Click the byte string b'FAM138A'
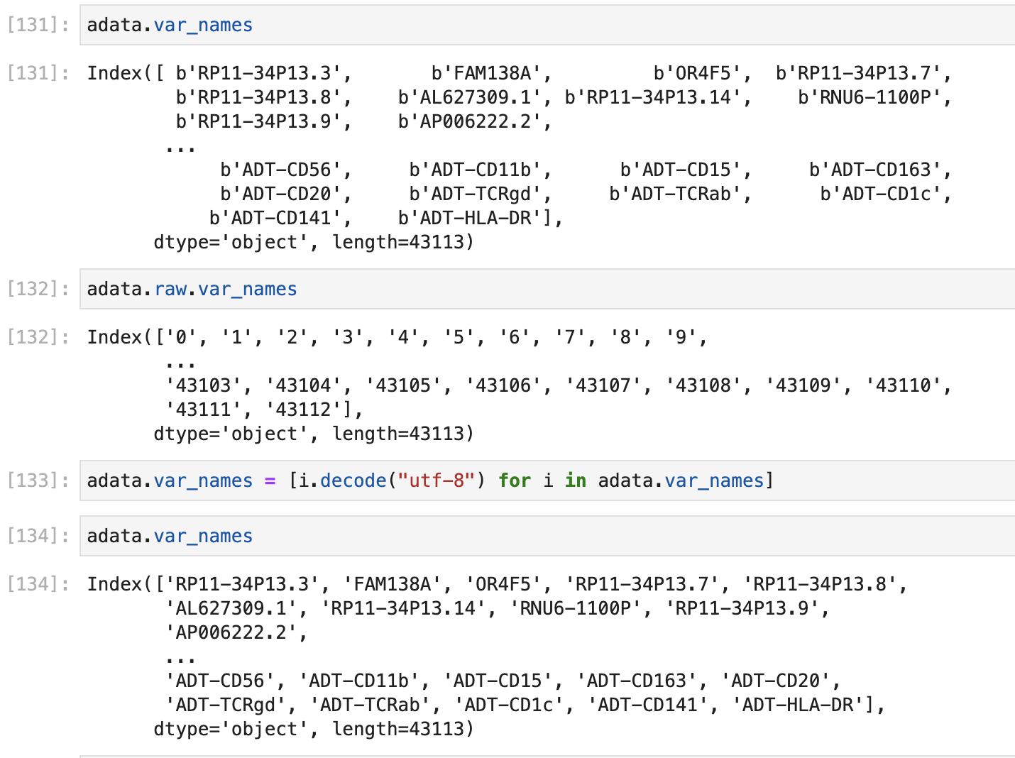click(490, 73)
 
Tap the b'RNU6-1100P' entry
click(873, 97)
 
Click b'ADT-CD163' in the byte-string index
click(879, 170)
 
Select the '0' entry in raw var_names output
click(181, 337)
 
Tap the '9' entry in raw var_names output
click(681, 337)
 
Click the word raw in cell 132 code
click(170, 289)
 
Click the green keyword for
click(515, 480)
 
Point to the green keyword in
click(575, 480)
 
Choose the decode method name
click(353, 480)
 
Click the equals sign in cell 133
click(270, 480)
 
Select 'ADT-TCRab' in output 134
click(370, 705)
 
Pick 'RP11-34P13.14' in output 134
click(403, 608)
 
